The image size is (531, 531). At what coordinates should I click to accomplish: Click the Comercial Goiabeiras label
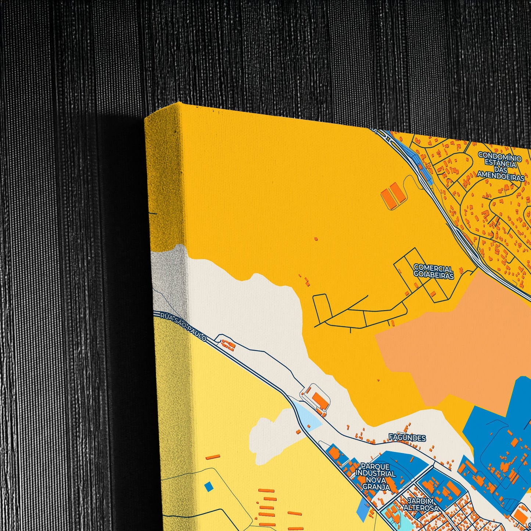tap(433, 272)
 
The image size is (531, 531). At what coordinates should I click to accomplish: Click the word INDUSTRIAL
tap(376, 473)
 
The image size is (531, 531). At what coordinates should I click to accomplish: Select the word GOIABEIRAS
tap(434, 275)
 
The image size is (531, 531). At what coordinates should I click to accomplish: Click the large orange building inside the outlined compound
tap(317, 399)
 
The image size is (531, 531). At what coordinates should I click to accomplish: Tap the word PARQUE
tap(375, 466)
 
